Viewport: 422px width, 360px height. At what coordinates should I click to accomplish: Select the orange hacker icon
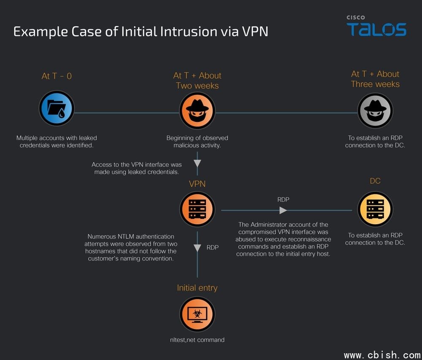197,110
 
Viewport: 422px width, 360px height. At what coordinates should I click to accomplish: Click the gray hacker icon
375,110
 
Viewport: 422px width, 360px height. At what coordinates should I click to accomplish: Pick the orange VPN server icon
197,209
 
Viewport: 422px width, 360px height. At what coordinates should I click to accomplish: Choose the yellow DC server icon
375,210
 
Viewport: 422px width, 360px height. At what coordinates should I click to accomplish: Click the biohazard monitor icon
197,314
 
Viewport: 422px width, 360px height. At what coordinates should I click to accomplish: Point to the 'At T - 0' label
57,76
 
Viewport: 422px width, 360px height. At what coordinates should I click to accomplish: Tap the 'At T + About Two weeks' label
197,81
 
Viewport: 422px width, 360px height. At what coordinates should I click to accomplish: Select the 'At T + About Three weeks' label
375,79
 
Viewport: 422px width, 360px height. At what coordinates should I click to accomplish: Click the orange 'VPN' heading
197,184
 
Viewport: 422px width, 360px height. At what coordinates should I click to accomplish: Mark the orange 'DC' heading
375,181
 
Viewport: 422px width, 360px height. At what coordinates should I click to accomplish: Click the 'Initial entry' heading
197,288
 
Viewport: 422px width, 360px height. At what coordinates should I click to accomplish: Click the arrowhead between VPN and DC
283,210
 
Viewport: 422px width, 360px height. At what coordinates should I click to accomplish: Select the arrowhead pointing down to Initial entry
197,248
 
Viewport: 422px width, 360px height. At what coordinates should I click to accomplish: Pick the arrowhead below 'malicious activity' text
197,163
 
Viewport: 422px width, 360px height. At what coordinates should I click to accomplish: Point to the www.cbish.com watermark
382,355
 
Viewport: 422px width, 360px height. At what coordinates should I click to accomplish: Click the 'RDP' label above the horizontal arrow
283,199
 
